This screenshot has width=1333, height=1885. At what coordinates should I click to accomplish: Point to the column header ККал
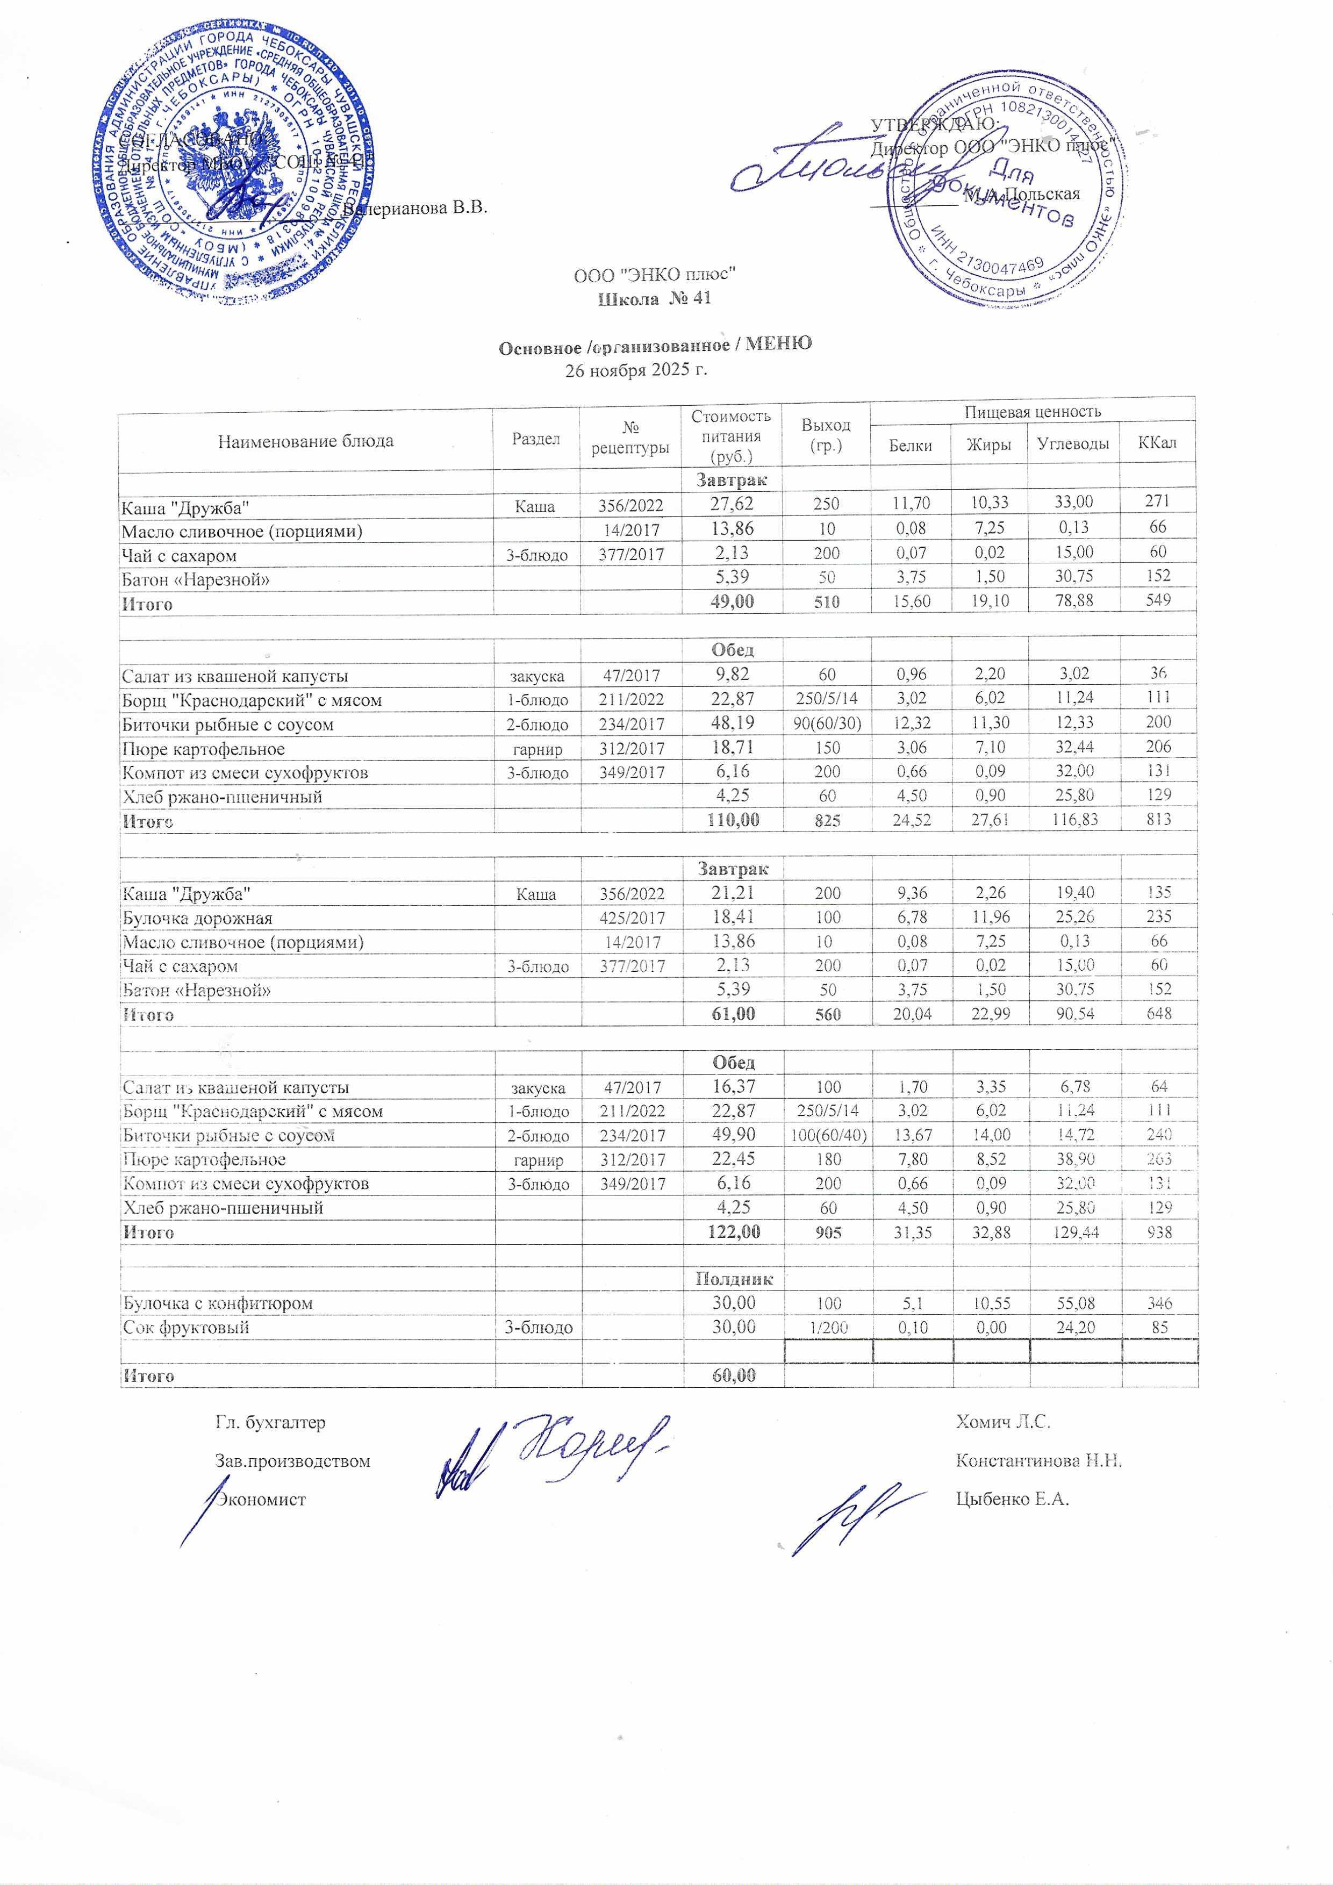point(1157,443)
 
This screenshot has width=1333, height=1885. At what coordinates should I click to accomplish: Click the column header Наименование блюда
point(305,441)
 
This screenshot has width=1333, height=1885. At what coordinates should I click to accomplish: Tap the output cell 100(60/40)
point(827,1135)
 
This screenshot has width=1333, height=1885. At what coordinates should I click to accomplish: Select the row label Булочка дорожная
point(197,918)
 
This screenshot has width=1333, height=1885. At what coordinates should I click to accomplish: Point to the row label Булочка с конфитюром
point(218,1303)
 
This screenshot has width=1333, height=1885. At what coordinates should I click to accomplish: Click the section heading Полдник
point(734,1278)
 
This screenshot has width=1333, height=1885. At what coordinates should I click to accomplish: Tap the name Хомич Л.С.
point(1003,1422)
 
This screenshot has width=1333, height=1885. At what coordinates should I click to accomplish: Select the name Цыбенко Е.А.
point(1012,1499)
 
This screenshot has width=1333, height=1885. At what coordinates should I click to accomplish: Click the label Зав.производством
point(292,1461)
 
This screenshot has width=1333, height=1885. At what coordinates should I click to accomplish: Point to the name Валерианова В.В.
point(414,207)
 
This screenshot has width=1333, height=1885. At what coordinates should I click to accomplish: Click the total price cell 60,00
point(733,1375)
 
